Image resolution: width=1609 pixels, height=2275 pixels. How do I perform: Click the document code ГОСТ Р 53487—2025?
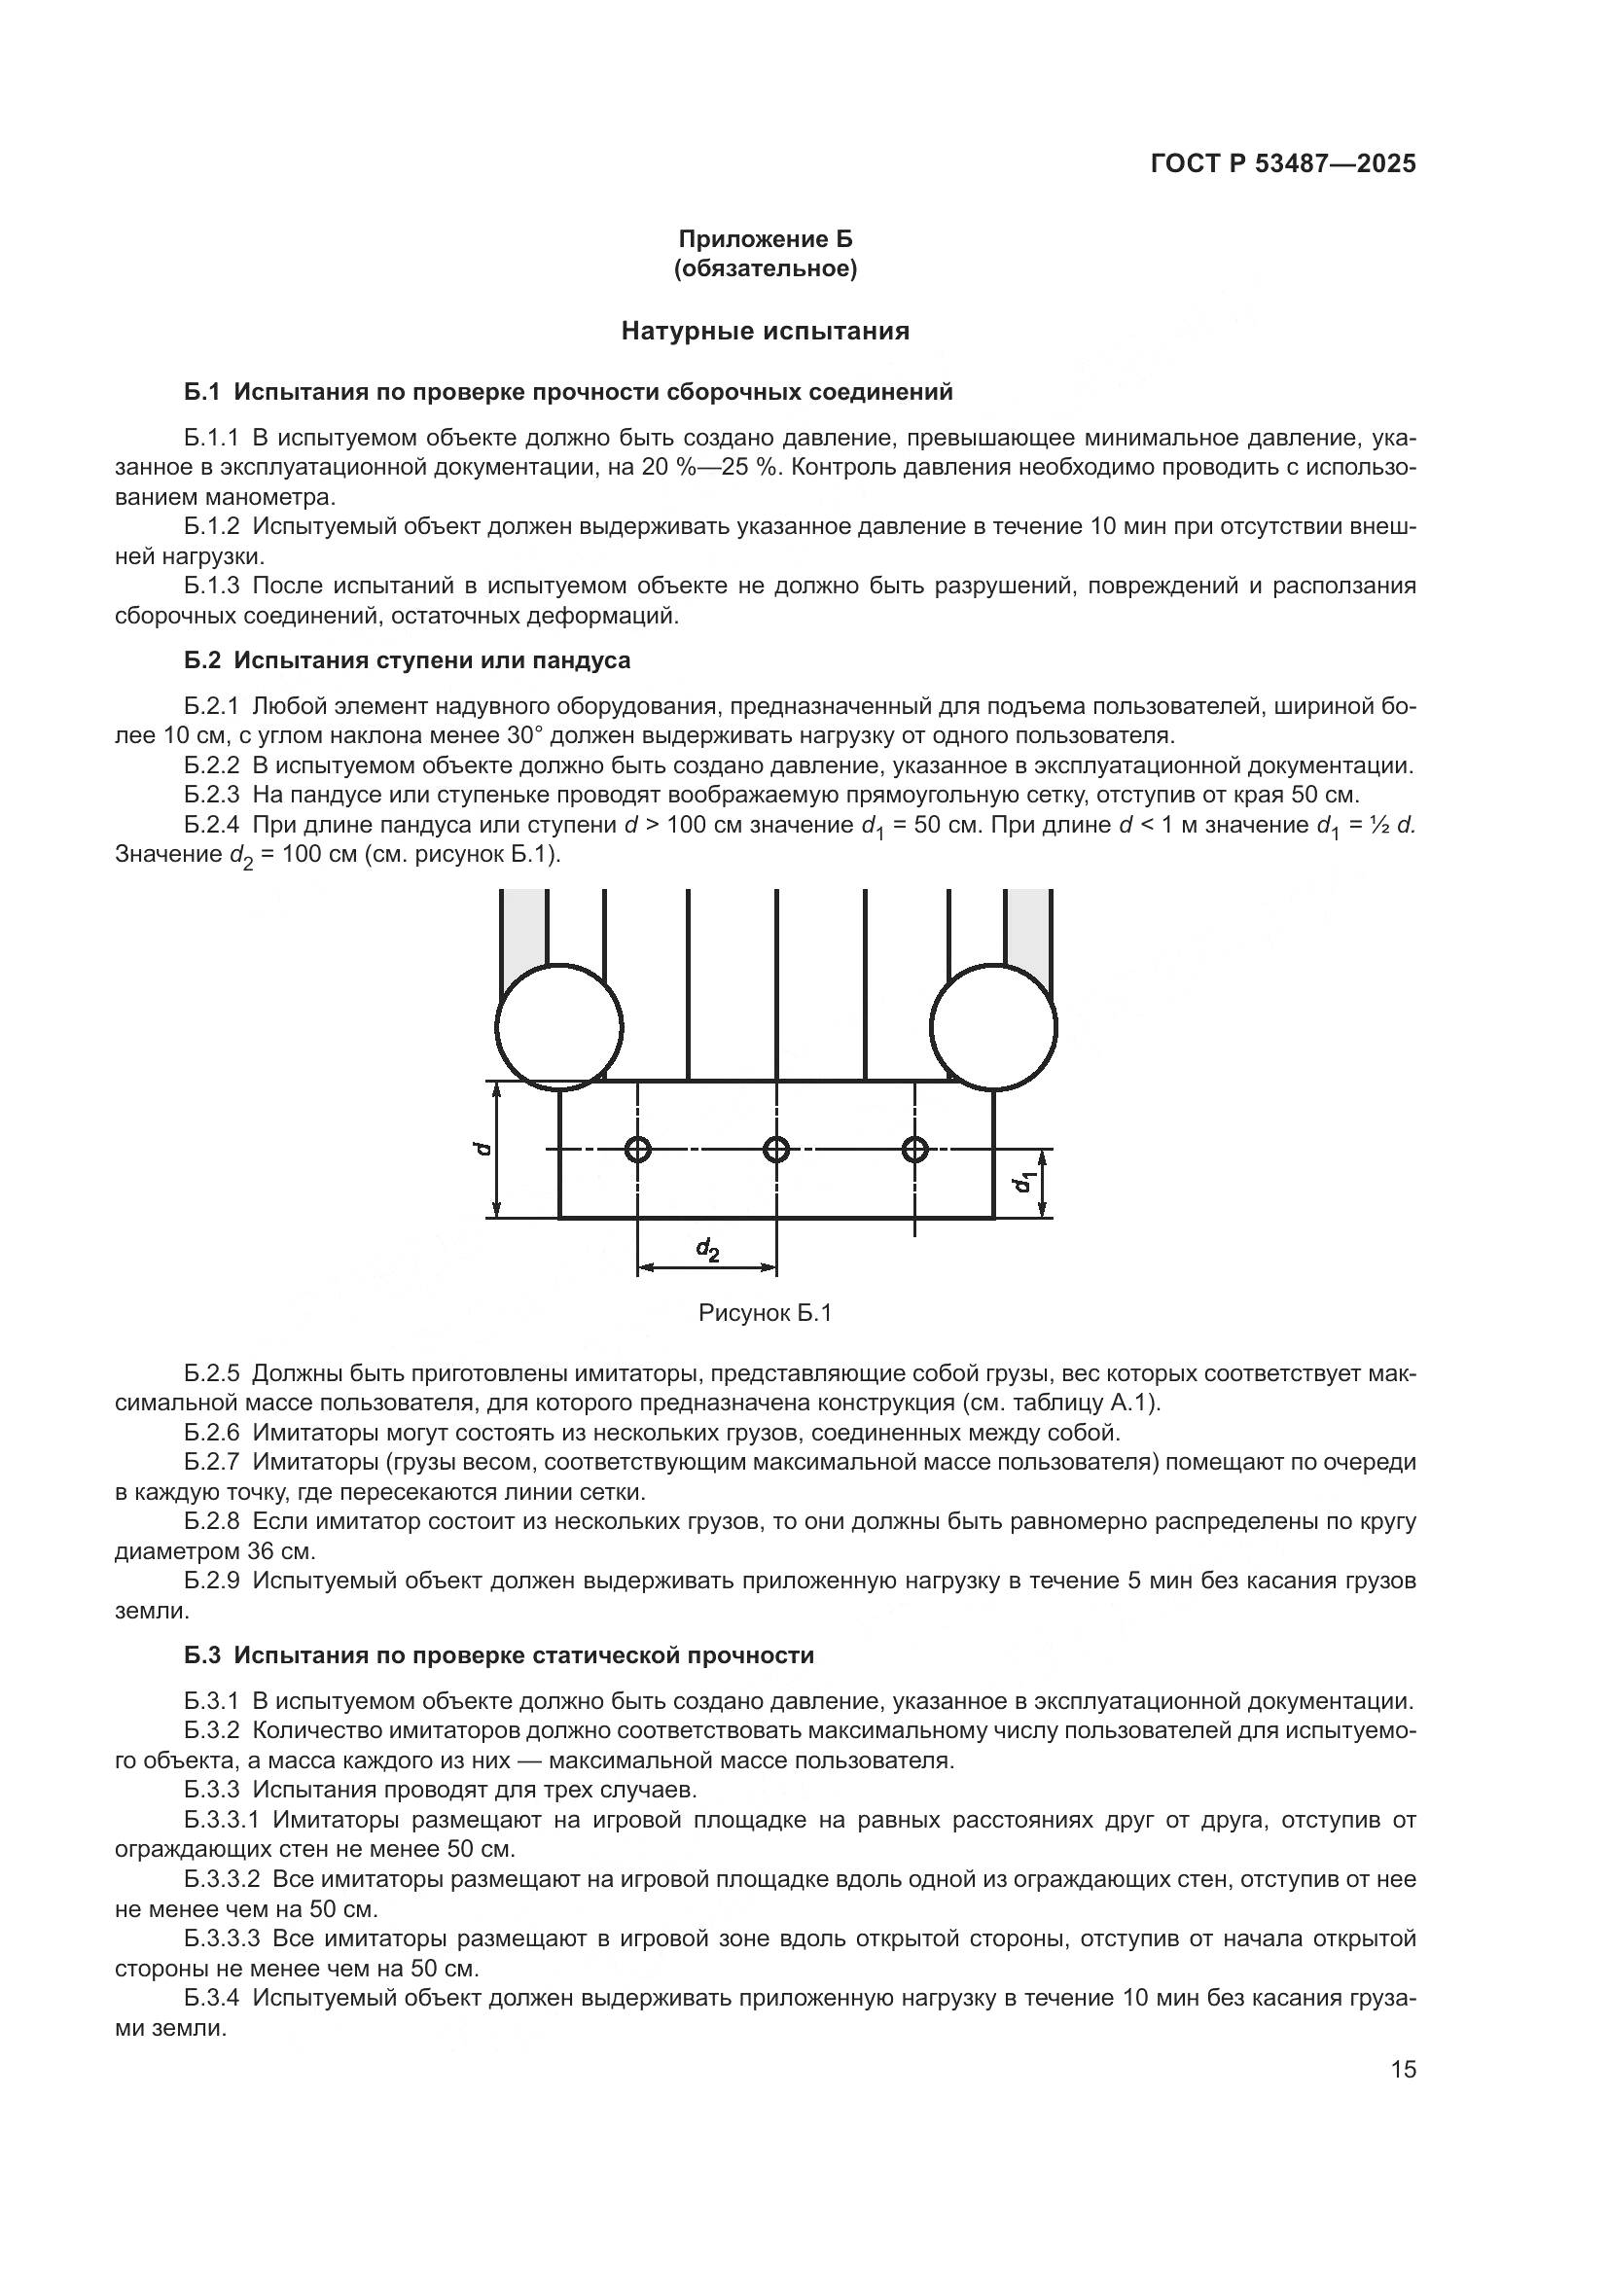[1283, 164]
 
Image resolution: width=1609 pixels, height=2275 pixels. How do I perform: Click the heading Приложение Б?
[765, 239]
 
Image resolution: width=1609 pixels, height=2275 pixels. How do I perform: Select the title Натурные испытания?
[765, 331]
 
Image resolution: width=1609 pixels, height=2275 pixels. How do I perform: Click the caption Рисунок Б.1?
[765, 1313]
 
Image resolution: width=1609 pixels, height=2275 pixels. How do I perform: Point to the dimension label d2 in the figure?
[707, 1250]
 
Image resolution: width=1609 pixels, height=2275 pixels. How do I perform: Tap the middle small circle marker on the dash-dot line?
[775, 1150]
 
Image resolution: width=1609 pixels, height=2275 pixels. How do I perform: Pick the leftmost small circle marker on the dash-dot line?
[638, 1150]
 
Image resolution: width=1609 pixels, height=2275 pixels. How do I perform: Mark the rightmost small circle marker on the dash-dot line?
[914, 1150]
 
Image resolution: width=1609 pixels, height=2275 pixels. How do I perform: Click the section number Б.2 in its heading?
[201, 659]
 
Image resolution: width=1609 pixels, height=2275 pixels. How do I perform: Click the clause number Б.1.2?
[211, 527]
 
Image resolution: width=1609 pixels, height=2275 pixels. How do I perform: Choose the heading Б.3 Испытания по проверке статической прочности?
[498, 1654]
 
